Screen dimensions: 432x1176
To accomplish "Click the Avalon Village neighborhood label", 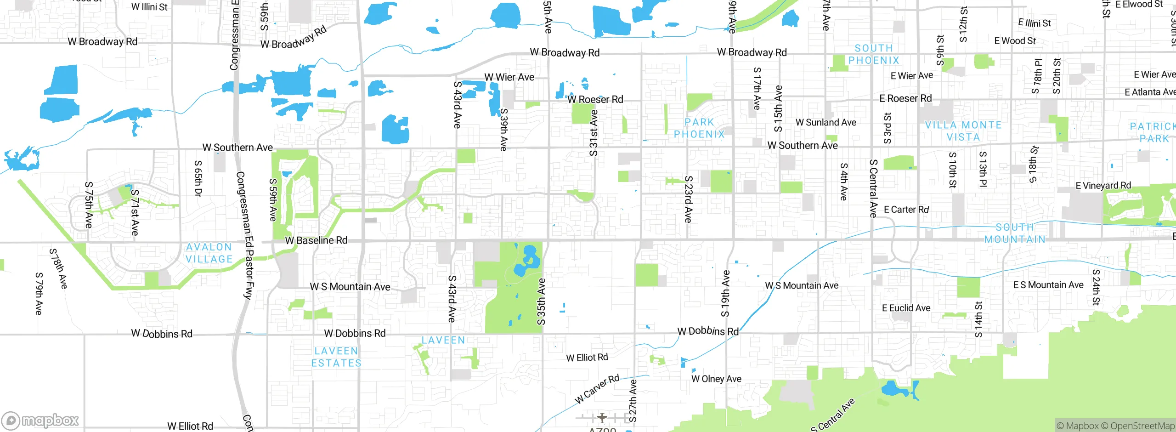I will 209,253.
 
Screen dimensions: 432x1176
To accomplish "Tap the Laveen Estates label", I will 336,357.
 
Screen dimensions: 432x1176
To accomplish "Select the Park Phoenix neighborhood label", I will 699,128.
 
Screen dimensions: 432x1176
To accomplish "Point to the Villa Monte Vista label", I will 963,131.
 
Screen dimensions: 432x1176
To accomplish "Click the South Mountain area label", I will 1015,233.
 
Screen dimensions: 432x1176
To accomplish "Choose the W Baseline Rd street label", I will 316,240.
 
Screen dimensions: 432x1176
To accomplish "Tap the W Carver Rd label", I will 597,389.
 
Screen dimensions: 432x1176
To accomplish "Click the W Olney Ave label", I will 716,379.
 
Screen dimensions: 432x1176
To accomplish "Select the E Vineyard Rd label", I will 1103,186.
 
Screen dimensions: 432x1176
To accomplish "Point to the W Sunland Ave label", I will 825,123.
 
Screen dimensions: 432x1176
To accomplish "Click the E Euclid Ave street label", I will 906,308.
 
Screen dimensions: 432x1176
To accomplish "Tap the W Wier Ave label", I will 509,77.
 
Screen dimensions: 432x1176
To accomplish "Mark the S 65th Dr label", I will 198,178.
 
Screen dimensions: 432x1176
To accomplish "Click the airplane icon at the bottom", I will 602,418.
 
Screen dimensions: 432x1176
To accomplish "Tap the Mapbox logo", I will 40,421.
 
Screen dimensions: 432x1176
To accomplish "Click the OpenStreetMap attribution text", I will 1142,426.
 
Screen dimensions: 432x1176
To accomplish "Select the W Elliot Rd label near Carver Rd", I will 587,358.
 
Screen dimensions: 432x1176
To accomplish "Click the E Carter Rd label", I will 906,210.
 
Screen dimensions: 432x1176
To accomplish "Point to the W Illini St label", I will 149,7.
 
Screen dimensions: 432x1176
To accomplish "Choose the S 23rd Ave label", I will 688,199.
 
